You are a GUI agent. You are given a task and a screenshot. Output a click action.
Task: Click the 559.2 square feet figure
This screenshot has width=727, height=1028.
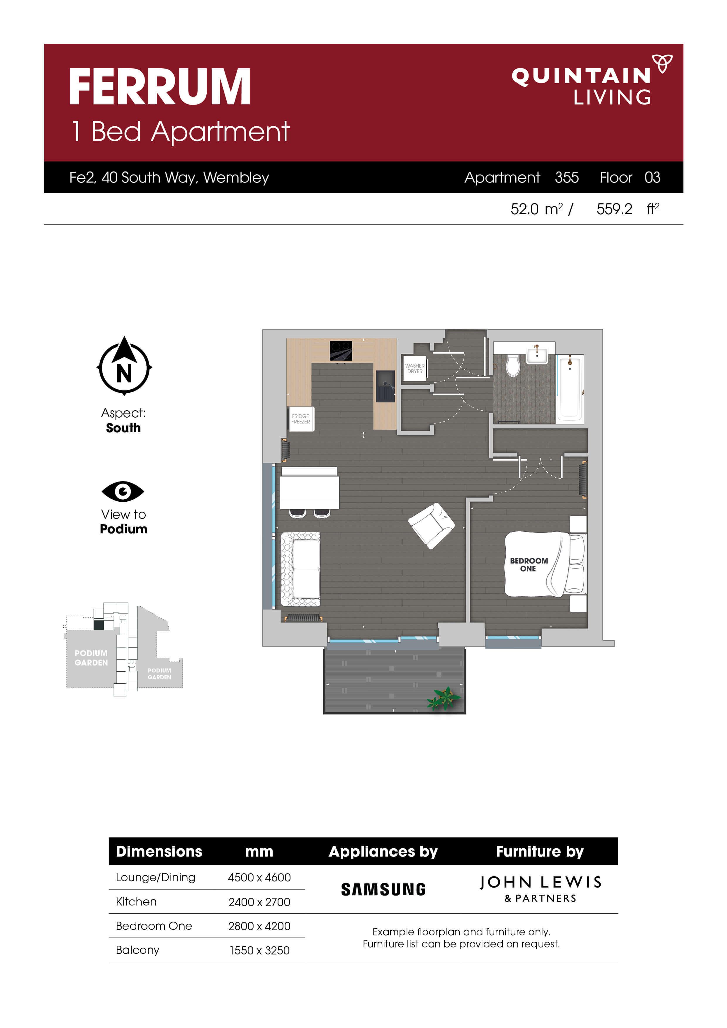[x=614, y=209]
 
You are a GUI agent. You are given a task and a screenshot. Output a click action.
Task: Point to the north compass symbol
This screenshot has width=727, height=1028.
[x=124, y=367]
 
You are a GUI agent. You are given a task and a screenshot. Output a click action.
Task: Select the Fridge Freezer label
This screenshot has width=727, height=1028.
[x=300, y=419]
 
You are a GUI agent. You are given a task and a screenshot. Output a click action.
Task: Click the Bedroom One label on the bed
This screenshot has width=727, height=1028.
[x=529, y=565]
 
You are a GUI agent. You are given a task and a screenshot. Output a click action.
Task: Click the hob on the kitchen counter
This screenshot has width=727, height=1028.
[x=341, y=350]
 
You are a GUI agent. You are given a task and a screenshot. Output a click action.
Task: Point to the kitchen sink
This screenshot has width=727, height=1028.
[x=385, y=386]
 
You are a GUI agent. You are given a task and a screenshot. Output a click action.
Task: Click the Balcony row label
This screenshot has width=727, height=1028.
[x=137, y=950]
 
